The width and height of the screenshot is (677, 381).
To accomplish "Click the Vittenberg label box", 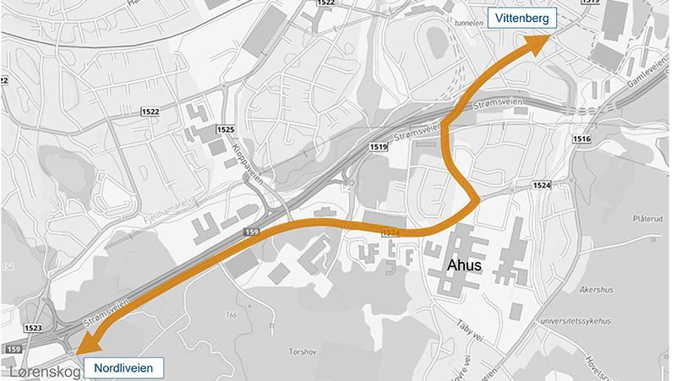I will tap(523, 18).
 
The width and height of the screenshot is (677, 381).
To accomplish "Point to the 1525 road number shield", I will tap(226, 129).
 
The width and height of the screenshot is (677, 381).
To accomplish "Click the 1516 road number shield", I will tap(581, 139).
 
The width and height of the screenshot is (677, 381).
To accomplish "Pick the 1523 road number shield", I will tap(34, 328).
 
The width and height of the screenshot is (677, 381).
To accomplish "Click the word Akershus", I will tap(596, 288).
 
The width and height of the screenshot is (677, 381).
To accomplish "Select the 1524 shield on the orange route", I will tap(390, 232).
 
